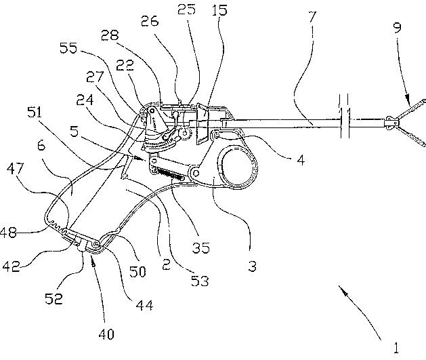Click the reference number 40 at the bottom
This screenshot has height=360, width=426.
[106, 334]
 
